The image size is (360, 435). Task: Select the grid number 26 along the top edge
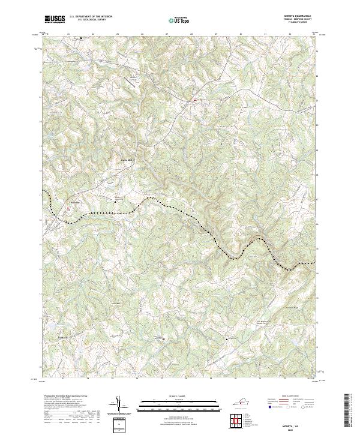coord(142,34)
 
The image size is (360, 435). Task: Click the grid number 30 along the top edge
coord(240,34)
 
